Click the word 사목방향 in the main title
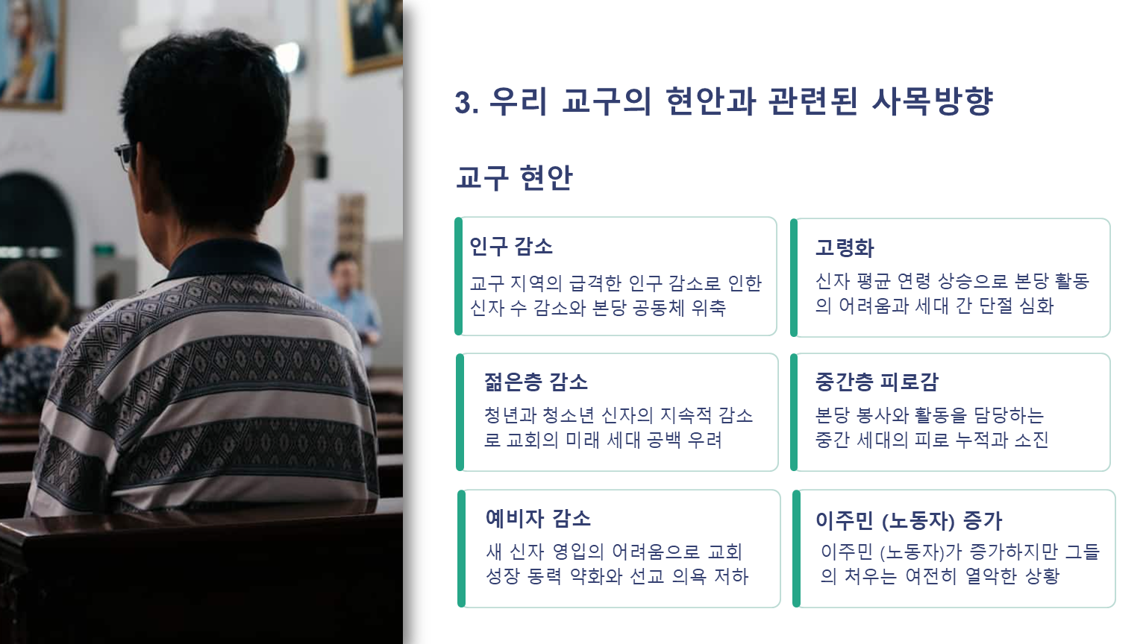tap(933, 101)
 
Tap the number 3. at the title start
tap(466, 103)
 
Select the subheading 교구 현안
tap(514, 178)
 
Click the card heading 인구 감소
tap(510, 247)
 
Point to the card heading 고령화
tap(845, 248)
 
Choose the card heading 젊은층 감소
tap(536, 382)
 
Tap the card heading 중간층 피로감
tap(877, 382)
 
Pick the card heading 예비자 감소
tap(538, 518)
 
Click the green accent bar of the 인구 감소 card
tap(458, 277)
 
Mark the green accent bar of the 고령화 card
tap(794, 277)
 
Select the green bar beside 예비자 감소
tap(462, 549)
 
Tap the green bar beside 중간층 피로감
tap(794, 412)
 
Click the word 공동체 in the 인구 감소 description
tap(659, 308)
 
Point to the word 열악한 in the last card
tap(991, 576)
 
